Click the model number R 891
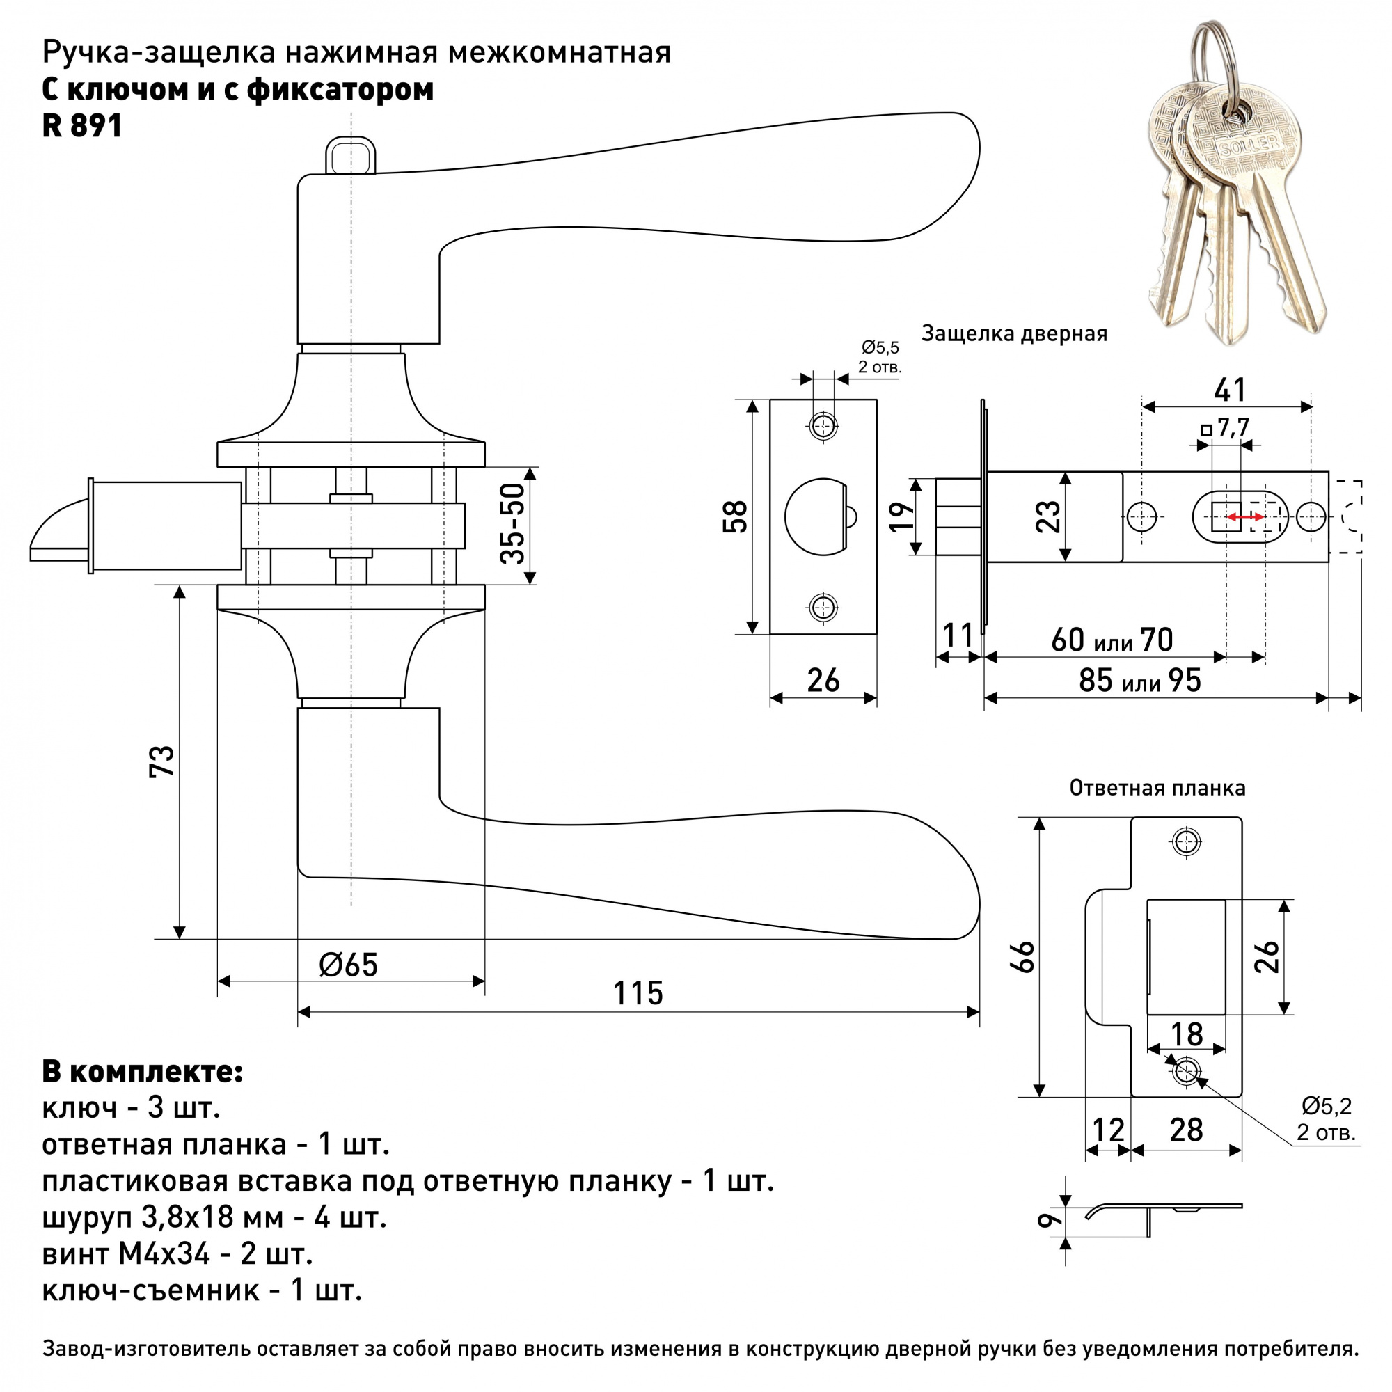82,127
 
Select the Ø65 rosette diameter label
349,965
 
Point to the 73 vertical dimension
163,761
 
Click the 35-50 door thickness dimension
513,524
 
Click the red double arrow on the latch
1245,516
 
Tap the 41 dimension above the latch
1229,390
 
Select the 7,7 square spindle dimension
1232,428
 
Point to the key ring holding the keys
1216,58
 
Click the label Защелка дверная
1014,333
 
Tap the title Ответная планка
1157,787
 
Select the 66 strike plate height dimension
1025,956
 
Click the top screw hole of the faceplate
823,426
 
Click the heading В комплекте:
143,1072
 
